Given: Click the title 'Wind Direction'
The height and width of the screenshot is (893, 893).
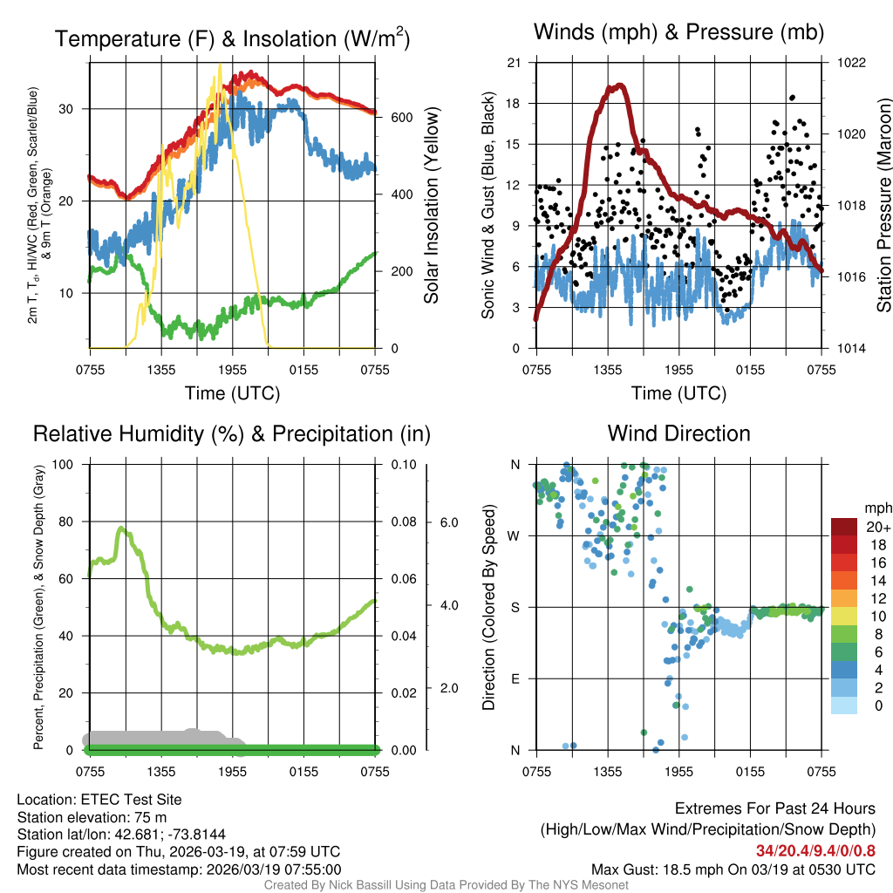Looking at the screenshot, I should pos(678,433).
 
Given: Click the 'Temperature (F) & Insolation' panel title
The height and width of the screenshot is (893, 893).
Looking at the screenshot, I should pos(232,39).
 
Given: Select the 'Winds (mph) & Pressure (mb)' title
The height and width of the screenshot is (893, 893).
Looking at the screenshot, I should pos(678,32).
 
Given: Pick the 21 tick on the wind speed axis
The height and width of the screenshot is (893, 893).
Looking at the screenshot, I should pos(514,63).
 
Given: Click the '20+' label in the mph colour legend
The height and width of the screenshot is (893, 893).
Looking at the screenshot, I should pos(878,528).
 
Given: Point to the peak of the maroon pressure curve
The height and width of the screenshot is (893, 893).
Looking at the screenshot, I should pos(618,85).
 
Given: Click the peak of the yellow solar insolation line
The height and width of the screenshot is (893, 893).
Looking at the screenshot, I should pos(219,65).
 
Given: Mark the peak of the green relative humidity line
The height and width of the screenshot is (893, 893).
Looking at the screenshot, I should pos(121,528).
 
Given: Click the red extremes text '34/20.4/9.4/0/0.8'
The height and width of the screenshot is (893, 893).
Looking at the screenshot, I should pos(815,850).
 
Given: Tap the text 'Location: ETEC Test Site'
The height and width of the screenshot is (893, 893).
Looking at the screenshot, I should pos(99,799).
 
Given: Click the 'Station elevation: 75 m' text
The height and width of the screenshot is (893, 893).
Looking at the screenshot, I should pos(92,817).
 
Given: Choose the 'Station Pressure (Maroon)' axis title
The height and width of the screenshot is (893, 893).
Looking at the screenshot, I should pos(883,205).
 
